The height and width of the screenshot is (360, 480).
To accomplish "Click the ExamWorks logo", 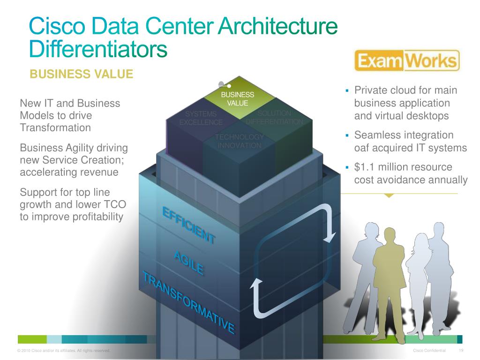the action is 406,61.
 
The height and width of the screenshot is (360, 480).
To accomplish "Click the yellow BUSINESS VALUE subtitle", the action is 81,74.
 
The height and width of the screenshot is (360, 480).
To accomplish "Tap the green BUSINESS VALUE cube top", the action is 238,98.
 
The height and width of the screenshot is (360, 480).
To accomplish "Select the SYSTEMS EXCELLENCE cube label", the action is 201,118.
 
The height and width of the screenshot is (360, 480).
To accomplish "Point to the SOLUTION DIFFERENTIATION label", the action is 275,118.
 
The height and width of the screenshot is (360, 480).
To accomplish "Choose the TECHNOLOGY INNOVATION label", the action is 239,141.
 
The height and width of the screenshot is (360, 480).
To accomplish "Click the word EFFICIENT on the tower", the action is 189,225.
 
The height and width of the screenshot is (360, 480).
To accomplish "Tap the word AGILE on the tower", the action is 188,263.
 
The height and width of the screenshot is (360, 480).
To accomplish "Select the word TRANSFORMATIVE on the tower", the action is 188,302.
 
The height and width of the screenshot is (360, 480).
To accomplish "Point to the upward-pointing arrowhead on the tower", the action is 256,284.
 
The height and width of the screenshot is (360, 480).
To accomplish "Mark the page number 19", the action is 461,351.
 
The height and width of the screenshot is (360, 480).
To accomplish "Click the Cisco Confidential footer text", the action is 429,351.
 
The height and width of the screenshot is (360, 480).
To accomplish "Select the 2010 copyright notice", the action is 63,351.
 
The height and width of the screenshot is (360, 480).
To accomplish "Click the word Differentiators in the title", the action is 97,49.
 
